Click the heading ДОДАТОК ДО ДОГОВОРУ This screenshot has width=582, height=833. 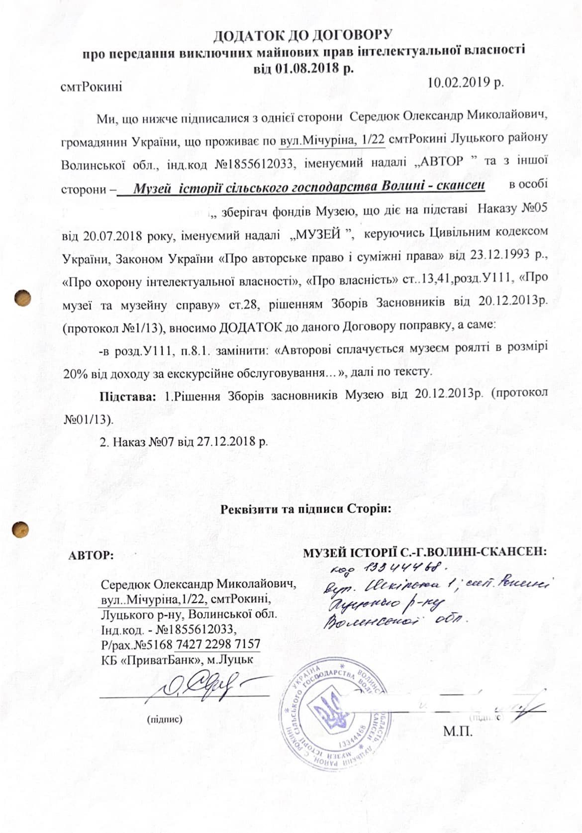[303, 36]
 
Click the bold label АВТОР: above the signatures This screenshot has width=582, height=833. [92, 556]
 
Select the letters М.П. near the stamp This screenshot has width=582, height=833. [457, 731]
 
